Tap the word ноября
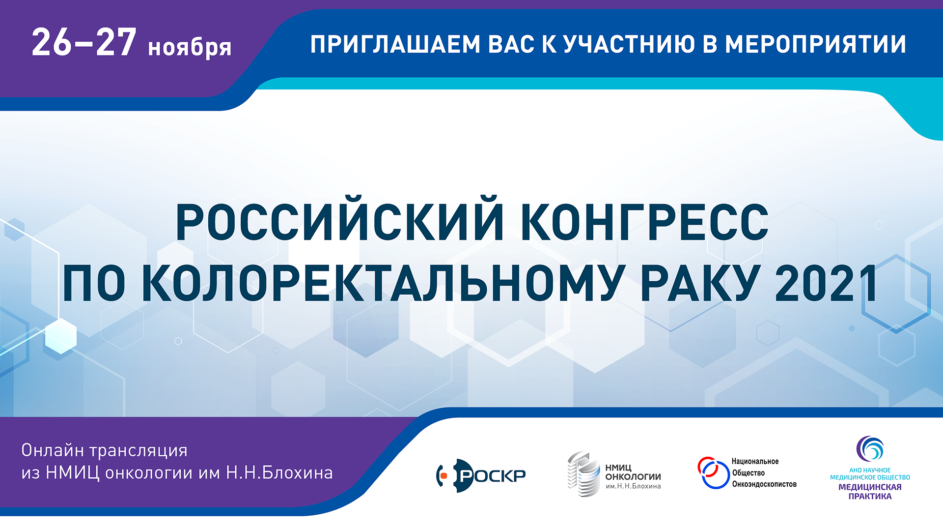(190, 47)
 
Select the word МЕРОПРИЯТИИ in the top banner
(816, 44)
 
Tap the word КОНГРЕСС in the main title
(645, 222)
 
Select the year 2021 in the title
(827, 283)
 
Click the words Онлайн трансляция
(105, 450)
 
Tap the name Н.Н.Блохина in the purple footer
(279, 472)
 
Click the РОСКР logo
(481, 475)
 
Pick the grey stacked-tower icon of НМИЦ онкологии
(583, 474)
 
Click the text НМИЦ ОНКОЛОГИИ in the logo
(633, 472)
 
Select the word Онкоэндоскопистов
(764, 484)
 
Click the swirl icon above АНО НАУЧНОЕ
(870, 448)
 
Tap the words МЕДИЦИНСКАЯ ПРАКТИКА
(870, 492)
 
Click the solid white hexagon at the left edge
(61, 336)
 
